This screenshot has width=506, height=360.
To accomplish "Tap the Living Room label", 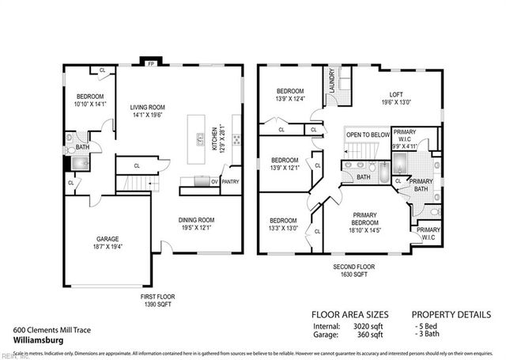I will [x=148, y=108].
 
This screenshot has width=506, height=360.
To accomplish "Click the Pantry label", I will [x=230, y=181].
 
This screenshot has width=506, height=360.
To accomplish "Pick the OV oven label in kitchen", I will [x=213, y=181].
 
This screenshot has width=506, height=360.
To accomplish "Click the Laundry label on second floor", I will [x=332, y=83].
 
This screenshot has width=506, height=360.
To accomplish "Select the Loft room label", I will [x=396, y=96].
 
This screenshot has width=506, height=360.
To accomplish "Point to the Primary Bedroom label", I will [x=364, y=218].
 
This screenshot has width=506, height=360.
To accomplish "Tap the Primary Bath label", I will [x=419, y=185].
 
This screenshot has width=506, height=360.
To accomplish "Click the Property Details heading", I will [x=453, y=313].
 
